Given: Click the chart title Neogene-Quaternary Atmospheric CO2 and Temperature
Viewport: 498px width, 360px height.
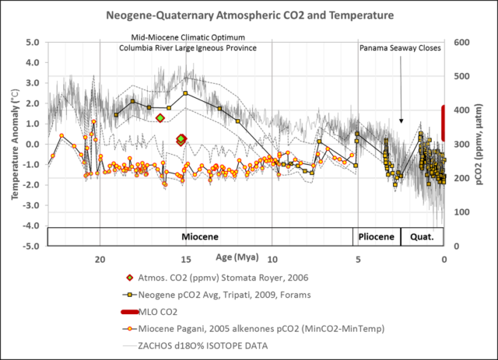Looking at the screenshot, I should tap(248, 15).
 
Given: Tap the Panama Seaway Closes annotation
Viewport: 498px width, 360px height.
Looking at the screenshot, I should tap(400, 47).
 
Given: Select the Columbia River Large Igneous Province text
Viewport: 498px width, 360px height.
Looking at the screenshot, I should tap(188, 48).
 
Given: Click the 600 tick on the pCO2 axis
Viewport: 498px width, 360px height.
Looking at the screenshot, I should tap(461, 42).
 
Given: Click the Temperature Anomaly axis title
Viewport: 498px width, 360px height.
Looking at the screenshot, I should tap(15, 145).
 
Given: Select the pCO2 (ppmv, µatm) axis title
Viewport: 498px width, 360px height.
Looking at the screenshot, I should tap(485, 145).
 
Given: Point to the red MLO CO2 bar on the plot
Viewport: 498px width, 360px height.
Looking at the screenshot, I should tap(444, 123).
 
